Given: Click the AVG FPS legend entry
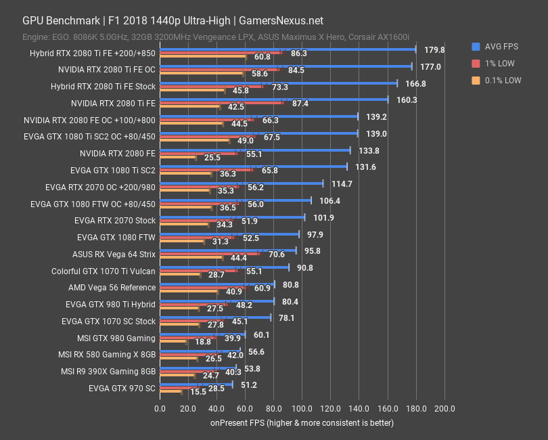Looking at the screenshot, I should pos(501,47).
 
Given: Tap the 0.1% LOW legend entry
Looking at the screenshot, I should pos(501,80).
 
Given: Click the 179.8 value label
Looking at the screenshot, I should pos(434,50).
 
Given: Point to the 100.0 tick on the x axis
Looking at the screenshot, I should pos(302,408).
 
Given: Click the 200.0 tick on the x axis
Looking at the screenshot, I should pos(444,408).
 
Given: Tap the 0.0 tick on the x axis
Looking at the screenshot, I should pos(160,408).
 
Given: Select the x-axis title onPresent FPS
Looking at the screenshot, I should pos(301,422).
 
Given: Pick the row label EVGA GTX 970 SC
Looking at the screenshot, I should pos(122,389).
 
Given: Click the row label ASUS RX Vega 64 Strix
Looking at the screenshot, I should pos(114,255).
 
